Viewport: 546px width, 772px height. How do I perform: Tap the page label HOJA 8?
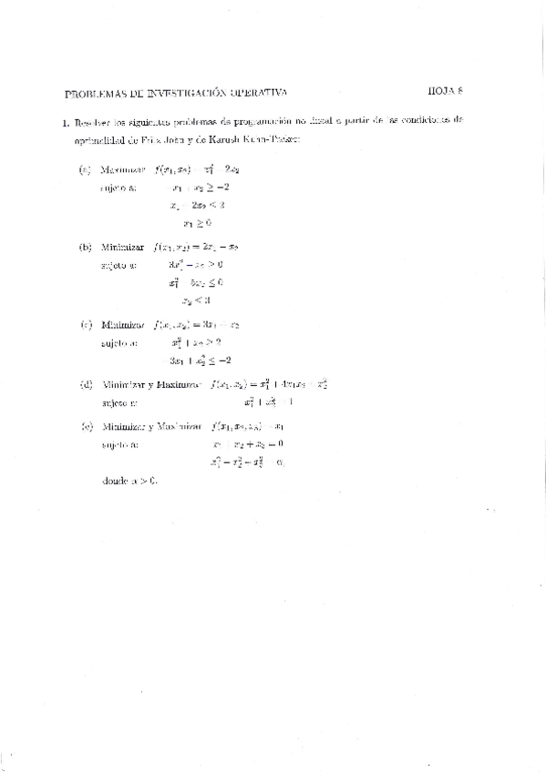446,91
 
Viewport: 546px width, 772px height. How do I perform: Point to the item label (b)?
86,248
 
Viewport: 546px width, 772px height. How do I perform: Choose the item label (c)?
86,324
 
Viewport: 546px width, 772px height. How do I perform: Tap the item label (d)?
86,384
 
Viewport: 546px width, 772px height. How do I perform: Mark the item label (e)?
86,426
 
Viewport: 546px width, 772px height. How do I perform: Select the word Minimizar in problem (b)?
124,248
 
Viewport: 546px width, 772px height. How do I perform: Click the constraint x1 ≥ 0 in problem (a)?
197,221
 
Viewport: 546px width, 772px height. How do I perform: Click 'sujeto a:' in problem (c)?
118,343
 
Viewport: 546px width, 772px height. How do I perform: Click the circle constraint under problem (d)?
272,401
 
